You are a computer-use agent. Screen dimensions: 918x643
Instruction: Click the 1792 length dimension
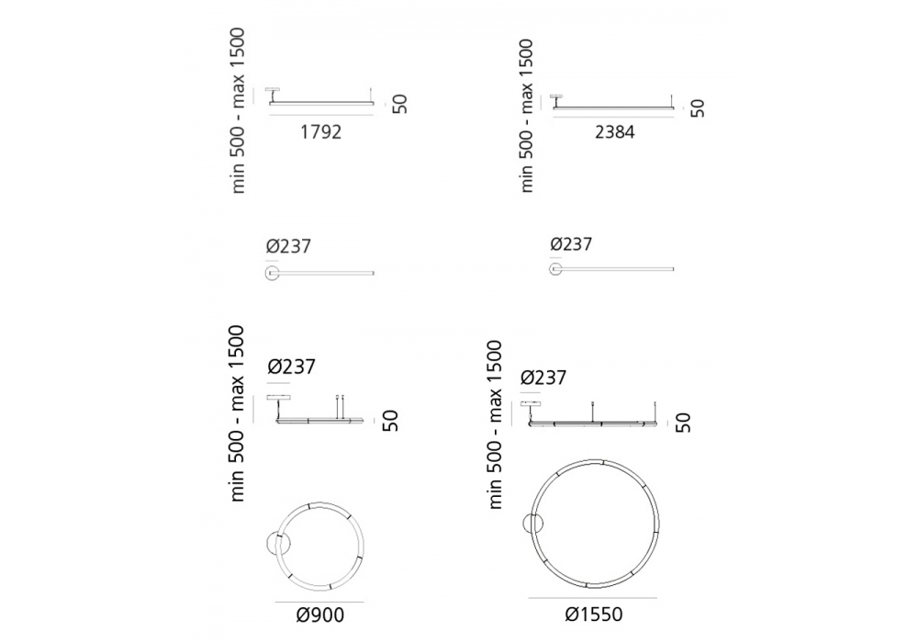click(320, 132)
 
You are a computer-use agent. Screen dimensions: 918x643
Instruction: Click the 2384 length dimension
click(615, 132)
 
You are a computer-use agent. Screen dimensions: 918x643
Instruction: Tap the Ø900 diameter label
click(320, 615)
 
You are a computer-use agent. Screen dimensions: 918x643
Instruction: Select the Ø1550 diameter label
click(594, 615)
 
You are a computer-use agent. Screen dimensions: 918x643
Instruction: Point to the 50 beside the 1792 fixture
click(399, 104)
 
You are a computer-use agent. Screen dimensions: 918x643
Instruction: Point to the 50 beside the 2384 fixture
click(698, 108)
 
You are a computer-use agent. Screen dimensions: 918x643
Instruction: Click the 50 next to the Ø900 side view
click(390, 421)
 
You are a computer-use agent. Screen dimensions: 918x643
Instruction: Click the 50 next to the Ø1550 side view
click(683, 423)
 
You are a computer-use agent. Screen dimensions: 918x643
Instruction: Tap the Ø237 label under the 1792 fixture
click(288, 246)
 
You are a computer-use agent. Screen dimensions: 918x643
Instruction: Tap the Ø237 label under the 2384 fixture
click(571, 243)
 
